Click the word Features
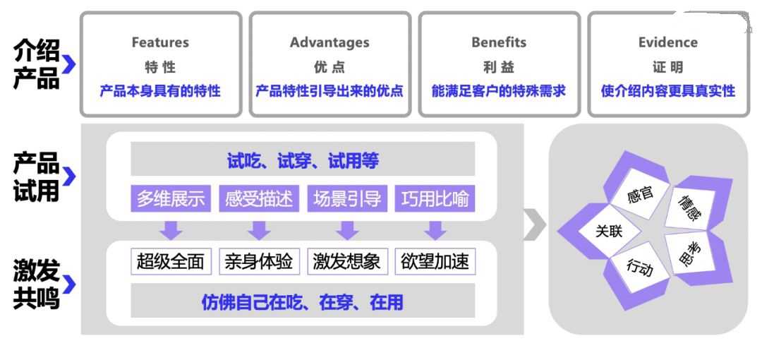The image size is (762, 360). [160, 42]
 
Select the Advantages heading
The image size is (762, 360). [329, 42]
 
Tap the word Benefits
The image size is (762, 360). [499, 42]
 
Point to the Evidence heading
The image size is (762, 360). [667, 42]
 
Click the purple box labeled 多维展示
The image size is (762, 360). [171, 198]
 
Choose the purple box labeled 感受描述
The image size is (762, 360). [259, 198]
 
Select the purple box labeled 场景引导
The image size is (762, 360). [347, 198]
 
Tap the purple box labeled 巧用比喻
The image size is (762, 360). [435, 198]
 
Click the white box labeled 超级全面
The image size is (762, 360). [171, 262]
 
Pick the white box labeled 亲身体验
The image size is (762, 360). [259, 262]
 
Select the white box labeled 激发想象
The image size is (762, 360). [347, 262]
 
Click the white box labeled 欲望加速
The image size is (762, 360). [435, 262]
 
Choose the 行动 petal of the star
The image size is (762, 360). [639, 268]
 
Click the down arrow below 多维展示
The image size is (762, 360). [171, 230]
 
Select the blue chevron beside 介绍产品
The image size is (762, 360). [69, 64]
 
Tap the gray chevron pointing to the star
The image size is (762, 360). [535, 224]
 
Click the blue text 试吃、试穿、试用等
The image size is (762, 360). [303, 160]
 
